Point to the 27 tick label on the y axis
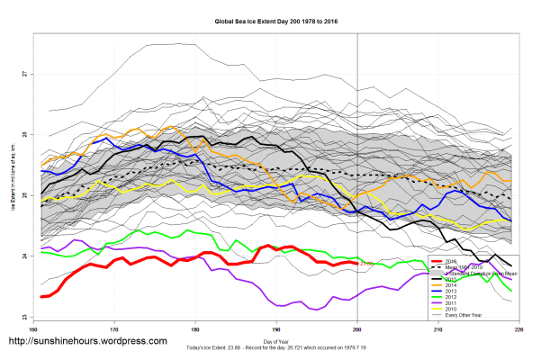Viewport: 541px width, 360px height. tap(24, 73)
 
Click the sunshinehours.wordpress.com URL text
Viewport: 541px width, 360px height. tap(86, 342)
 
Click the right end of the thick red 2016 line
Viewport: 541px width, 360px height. tap(358, 263)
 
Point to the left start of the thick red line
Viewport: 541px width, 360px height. tap(42, 296)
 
